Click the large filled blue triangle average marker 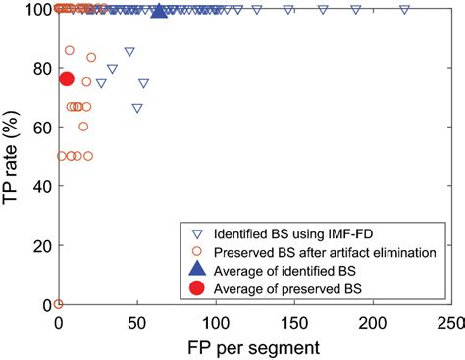tap(160, 11)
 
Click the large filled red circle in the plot tap(67, 78)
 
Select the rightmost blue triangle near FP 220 tap(404, 9)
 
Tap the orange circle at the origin tap(59, 304)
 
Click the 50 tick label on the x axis tap(137, 322)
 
